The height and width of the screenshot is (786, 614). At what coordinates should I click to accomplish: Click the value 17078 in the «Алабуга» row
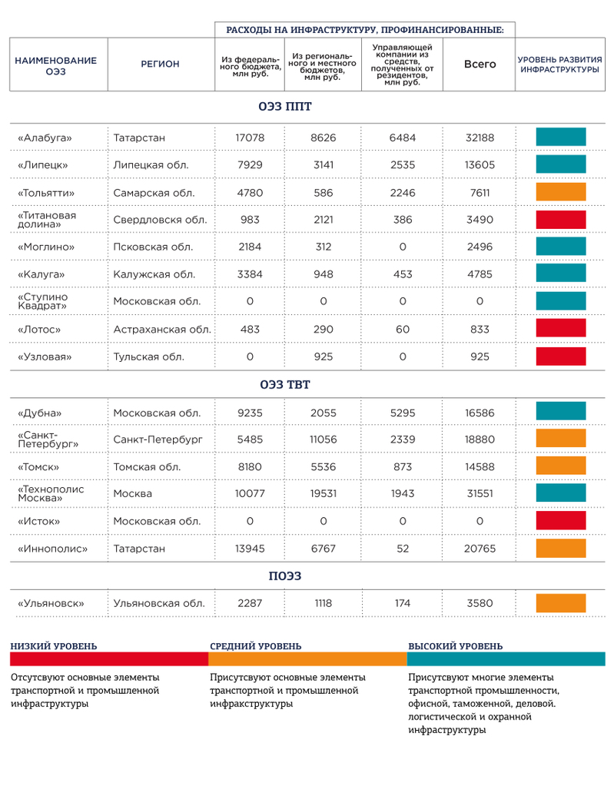(250, 138)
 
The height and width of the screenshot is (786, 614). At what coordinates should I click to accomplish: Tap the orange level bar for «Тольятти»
(561, 192)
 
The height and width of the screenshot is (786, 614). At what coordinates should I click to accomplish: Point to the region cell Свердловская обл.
(160, 220)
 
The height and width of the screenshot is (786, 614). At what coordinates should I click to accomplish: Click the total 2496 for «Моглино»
(480, 247)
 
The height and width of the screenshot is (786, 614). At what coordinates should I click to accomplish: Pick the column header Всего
(480, 65)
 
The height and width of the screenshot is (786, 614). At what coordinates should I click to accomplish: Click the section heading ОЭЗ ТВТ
(284, 384)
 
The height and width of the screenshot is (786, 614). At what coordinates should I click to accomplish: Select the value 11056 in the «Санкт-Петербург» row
(324, 439)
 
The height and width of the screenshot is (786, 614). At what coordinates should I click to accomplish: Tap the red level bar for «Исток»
(561, 521)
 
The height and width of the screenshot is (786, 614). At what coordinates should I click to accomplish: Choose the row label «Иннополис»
(52, 549)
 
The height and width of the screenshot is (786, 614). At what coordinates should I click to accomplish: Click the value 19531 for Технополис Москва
(324, 493)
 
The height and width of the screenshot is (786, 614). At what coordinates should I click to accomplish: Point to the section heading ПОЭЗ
(284, 575)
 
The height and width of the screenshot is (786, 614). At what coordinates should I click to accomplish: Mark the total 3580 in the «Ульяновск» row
(480, 603)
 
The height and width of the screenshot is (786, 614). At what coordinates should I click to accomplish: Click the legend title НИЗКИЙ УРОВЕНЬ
(53, 646)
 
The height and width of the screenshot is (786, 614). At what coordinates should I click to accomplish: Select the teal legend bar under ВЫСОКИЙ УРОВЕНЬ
(506, 659)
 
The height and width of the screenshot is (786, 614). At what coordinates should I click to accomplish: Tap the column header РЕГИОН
(160, 65)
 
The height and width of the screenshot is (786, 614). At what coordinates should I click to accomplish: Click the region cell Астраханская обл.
(162, 329)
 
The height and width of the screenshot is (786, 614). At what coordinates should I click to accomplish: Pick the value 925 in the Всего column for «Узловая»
(480, 357)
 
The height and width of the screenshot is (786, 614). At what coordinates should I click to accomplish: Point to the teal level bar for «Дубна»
(561, 413)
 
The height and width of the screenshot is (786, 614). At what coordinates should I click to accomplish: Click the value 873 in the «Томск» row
(402, 466)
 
